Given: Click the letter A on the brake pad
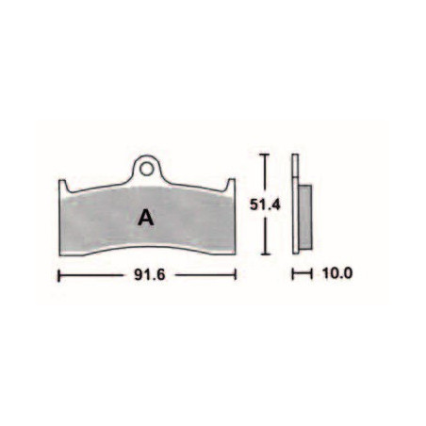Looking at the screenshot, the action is (x=146, y=218).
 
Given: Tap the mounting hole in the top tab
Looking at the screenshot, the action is (x=146, y=170).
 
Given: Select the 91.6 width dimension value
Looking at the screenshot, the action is (x=150, y=275).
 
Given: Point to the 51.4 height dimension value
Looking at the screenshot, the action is (x=265, y=205).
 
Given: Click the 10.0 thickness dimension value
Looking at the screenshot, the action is (x=337, y=273).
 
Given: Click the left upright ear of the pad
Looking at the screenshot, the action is (x=63, y=186).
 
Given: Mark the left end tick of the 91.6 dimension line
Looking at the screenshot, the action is (x=59, y=275).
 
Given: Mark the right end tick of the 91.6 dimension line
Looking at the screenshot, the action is (x=236, y=275).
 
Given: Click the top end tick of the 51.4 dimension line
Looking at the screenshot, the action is (x=266, y=155).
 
